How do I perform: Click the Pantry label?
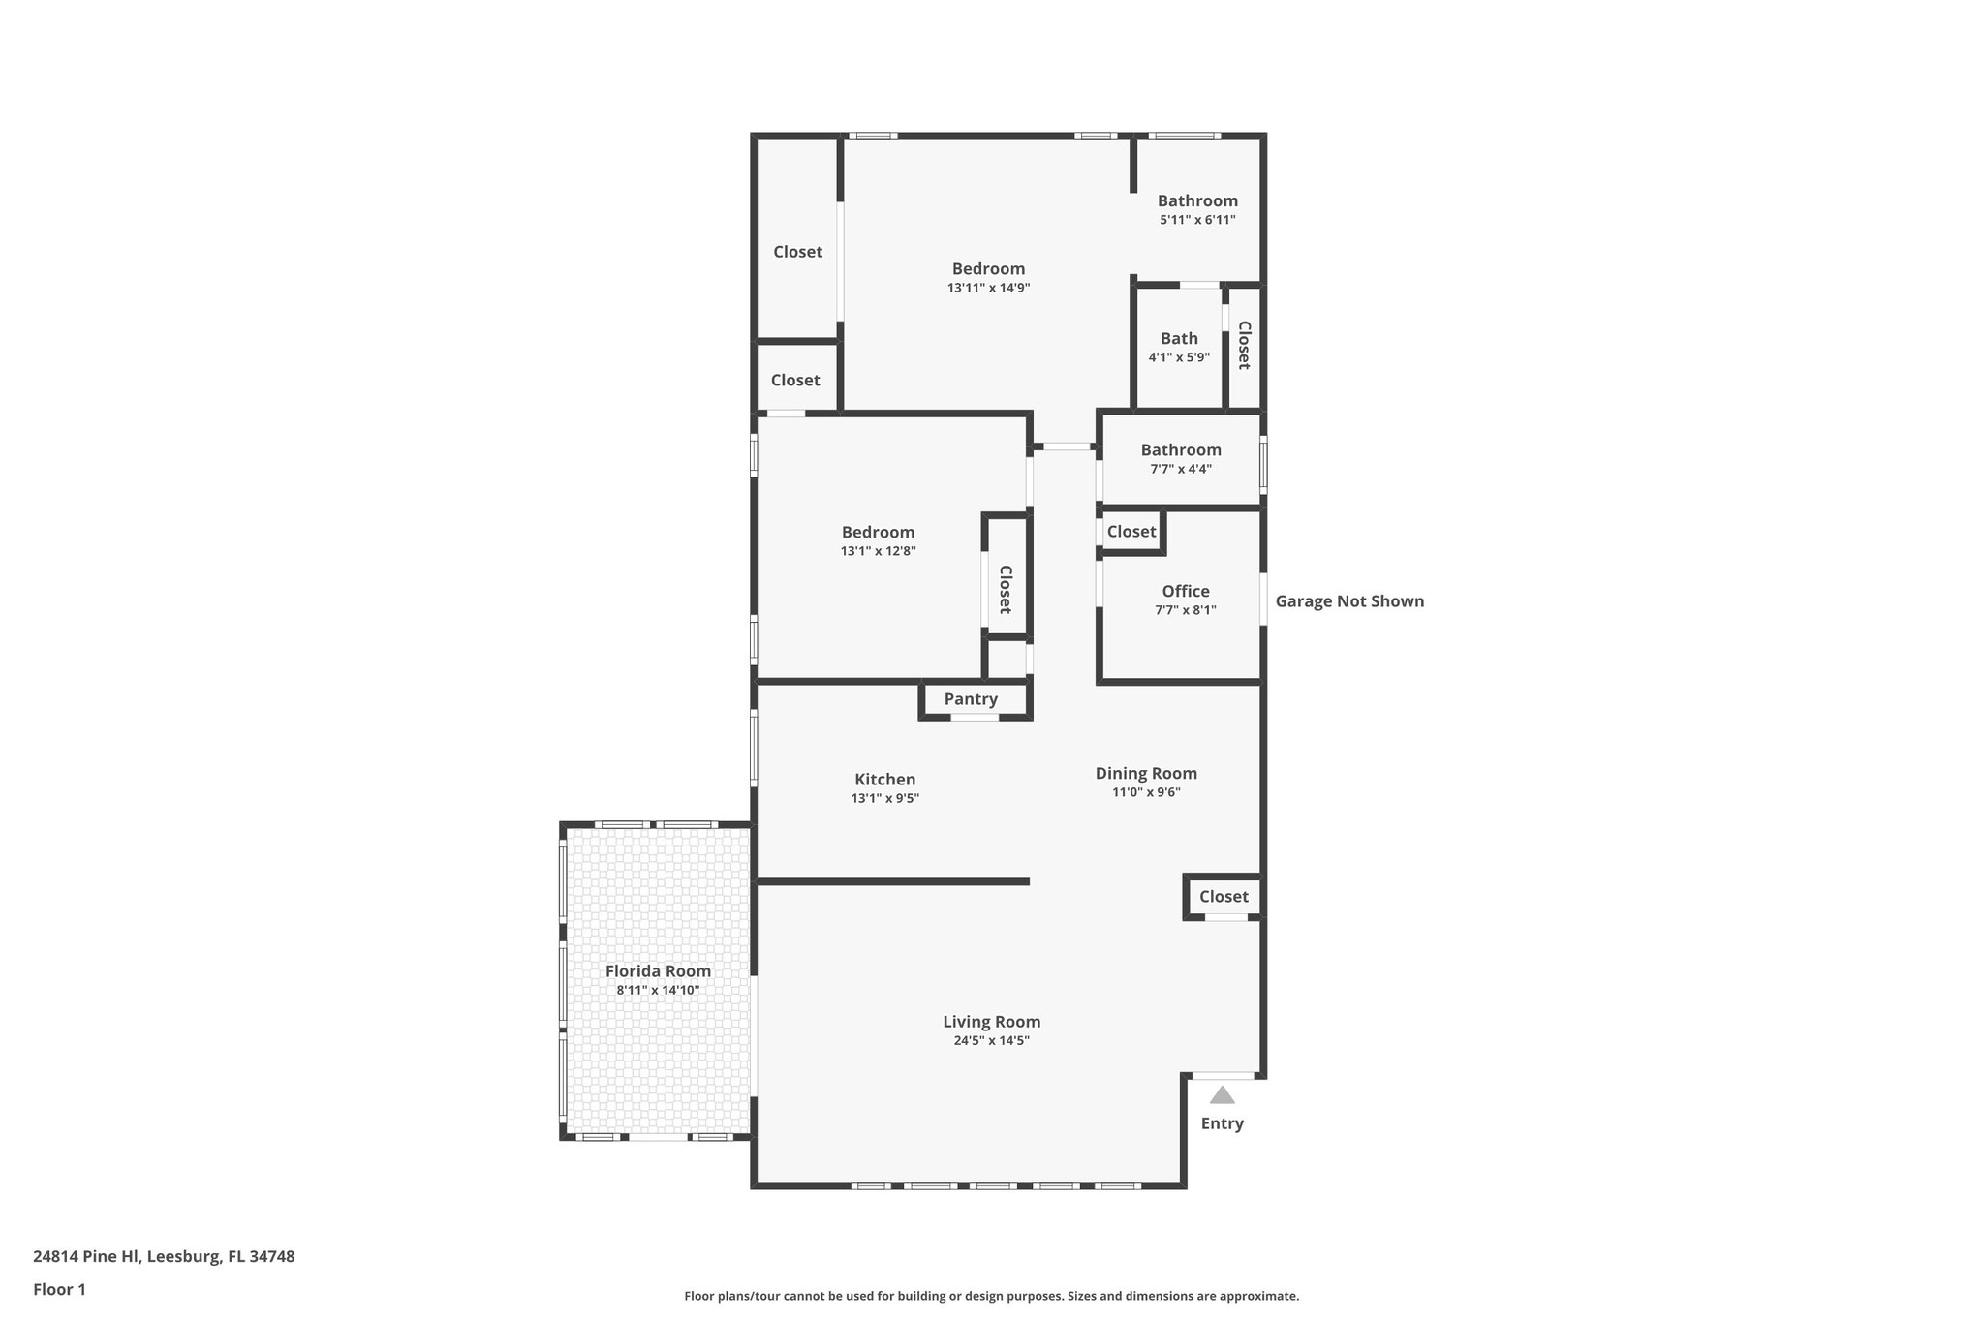point(971,699)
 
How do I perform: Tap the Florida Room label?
point(658,971)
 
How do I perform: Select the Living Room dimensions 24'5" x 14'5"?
point(991,1041)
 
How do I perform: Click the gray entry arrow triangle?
point(1223,1095)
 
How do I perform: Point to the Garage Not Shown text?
point(1348,601)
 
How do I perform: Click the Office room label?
point(1186,592)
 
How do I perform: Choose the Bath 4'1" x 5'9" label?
point(1179,347)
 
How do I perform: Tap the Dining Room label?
point(1146,774)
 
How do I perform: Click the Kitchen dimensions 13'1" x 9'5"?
point(884,799)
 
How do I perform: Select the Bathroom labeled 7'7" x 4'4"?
point(1180,458)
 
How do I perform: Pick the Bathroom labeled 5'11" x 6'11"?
point(1197,209)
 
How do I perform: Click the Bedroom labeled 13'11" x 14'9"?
point(988,277)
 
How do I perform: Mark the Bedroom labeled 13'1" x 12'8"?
point(878,540)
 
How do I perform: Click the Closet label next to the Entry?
point(1224,897)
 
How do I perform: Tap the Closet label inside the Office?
point(1131,532)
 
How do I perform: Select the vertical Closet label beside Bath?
point(1244,345)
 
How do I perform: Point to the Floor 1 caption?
point(59,1290)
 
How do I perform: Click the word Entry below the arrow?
point(1222,1123)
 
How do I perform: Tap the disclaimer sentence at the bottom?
point(991,1296)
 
